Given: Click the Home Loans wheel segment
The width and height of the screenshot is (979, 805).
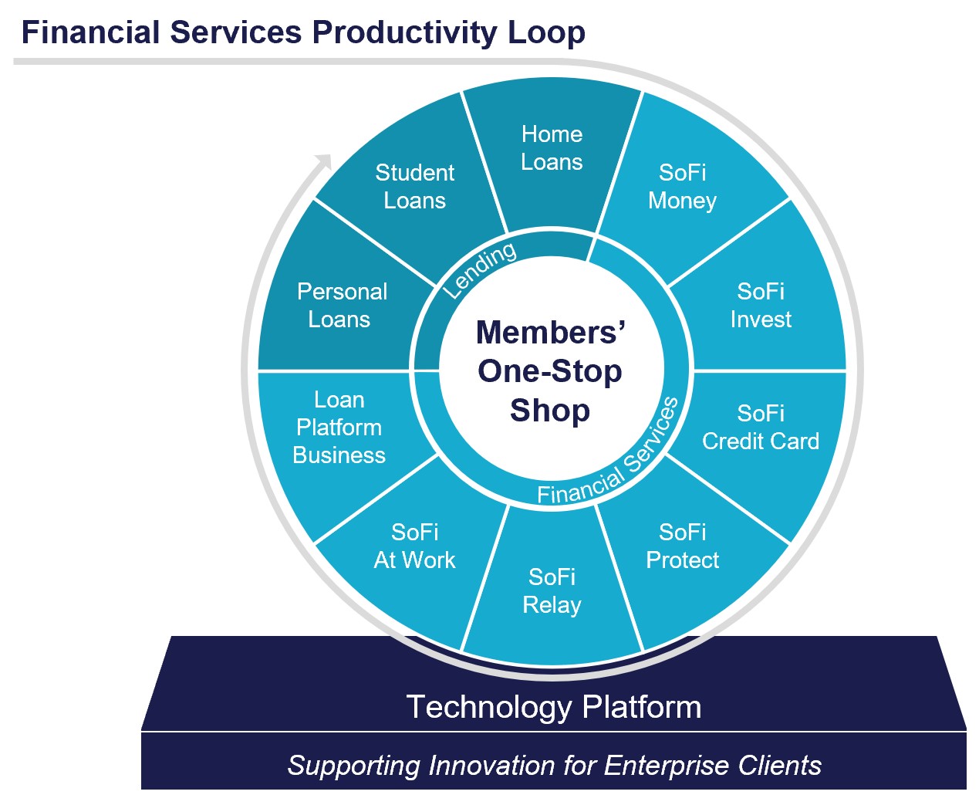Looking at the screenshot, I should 552,148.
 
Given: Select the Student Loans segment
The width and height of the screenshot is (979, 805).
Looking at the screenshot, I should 414,187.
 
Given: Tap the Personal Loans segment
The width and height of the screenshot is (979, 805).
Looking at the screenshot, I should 341,306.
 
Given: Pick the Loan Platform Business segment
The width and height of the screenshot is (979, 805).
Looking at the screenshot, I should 339,428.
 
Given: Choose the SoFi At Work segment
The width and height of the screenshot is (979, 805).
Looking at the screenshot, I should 414,546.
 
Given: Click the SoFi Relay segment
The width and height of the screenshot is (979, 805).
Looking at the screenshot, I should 552,591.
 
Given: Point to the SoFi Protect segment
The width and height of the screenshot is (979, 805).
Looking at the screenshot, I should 683,546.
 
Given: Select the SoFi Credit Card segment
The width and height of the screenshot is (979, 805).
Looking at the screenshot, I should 761,428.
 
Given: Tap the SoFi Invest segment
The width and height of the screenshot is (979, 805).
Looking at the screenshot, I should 761,306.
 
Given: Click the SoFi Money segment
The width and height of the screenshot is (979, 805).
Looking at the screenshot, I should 683,187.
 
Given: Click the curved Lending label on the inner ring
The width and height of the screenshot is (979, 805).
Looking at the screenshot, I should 480,269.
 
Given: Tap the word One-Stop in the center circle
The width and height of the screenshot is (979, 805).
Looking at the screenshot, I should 550,371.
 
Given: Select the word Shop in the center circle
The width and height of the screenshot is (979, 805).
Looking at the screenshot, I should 550,411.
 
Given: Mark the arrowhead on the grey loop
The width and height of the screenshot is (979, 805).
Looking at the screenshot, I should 323,162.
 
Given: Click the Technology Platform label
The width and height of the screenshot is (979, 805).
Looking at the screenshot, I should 554,707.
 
